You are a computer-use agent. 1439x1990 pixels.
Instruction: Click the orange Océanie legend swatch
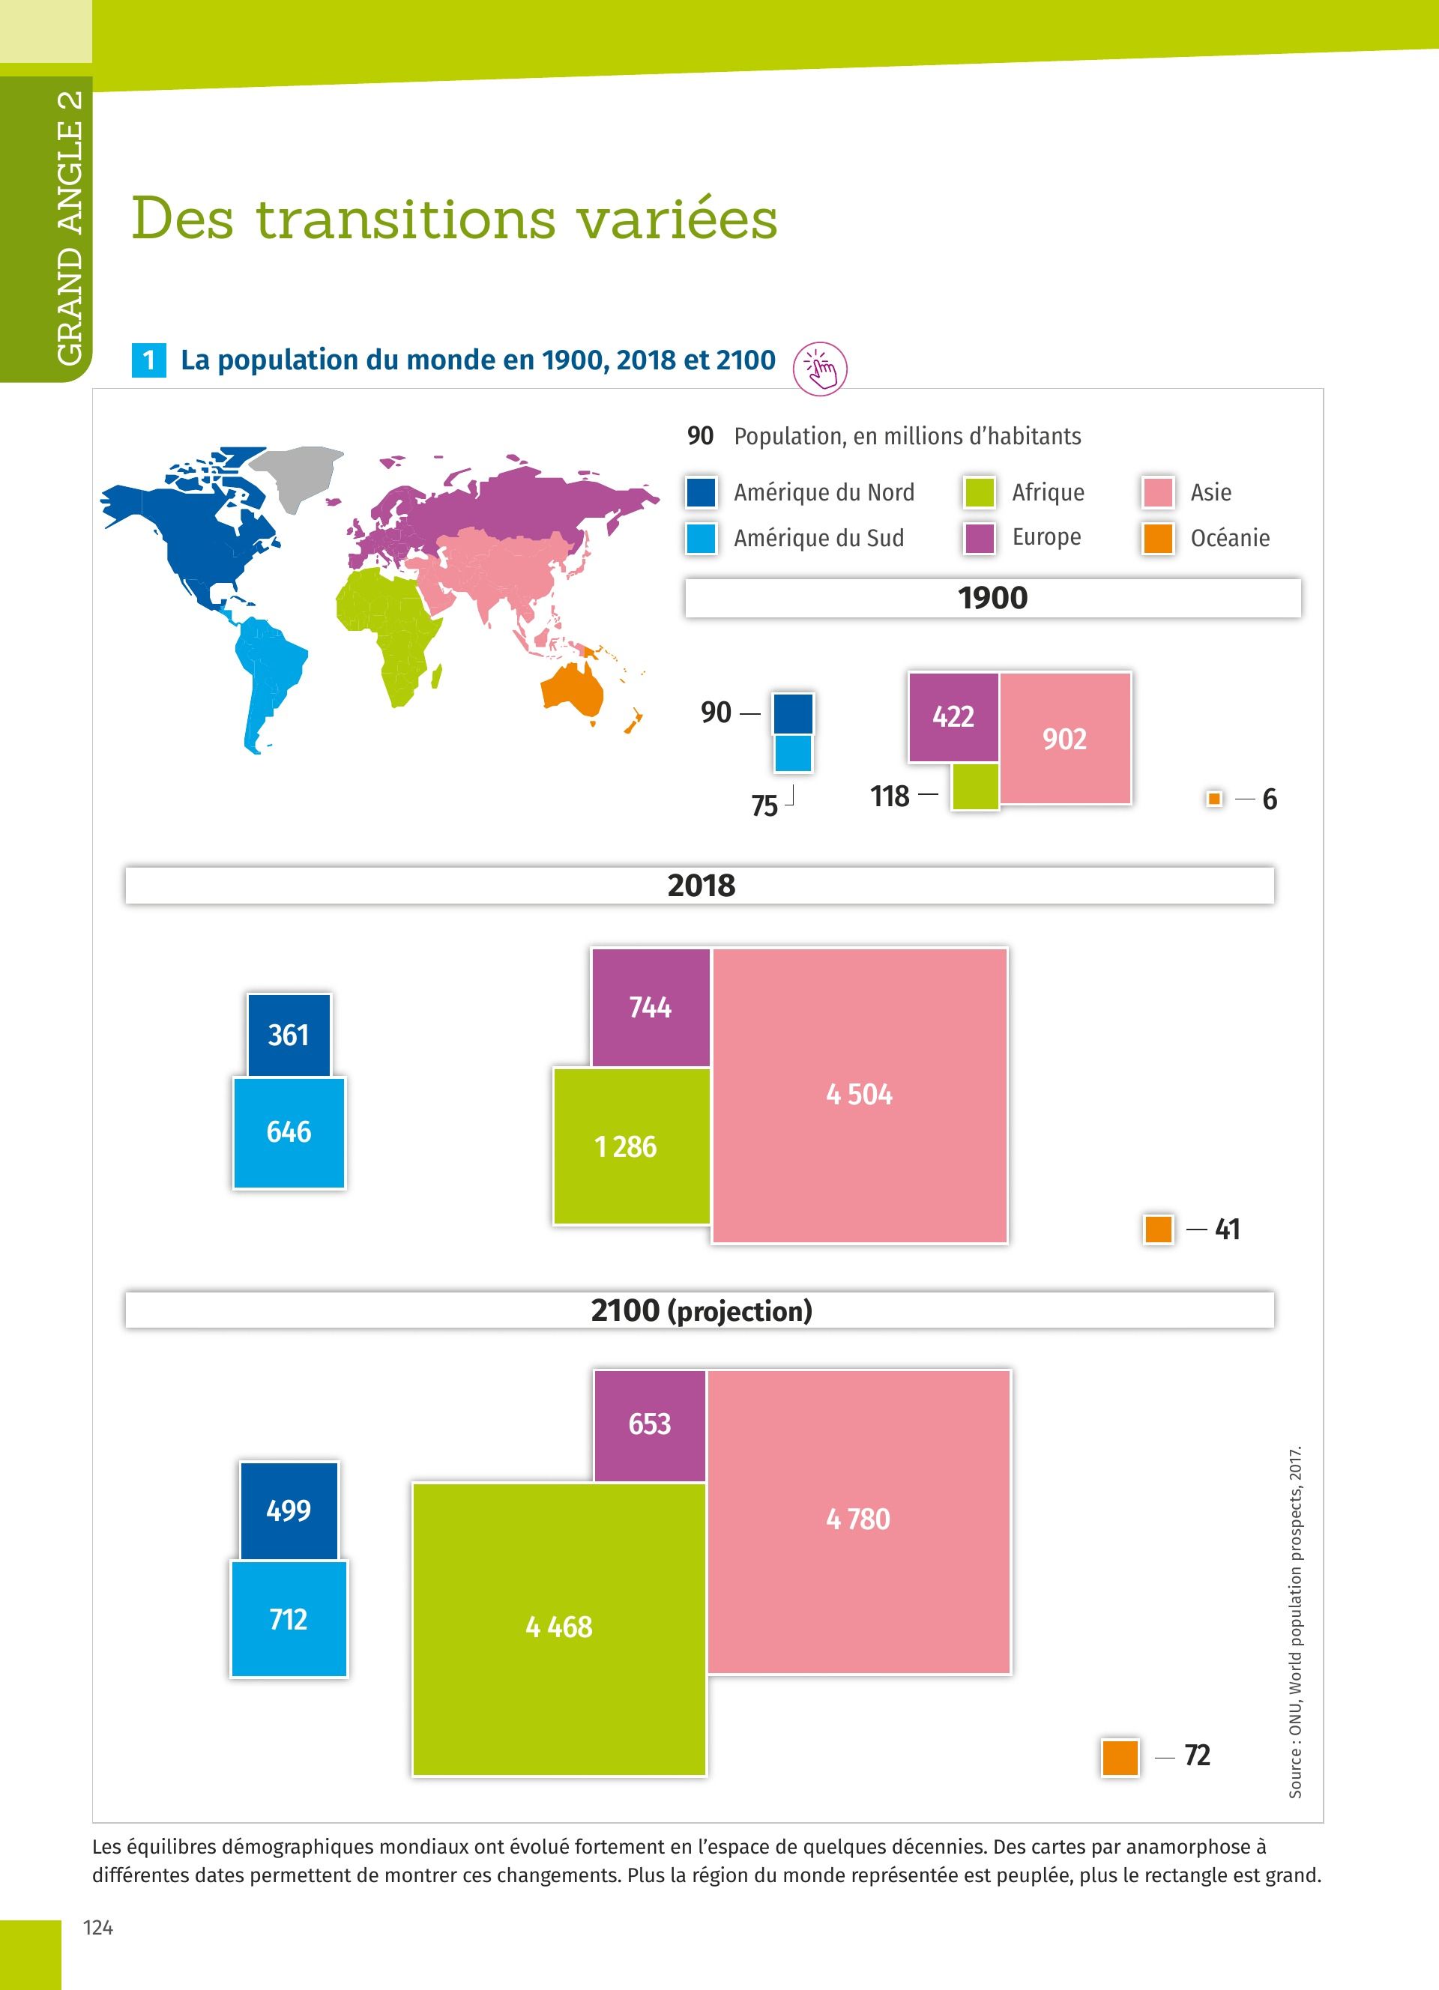1157,538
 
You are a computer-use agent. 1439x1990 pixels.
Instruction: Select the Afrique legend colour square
980,492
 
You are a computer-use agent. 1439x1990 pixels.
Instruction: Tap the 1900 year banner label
992,599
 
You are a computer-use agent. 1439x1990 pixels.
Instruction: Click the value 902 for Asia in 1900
1064,739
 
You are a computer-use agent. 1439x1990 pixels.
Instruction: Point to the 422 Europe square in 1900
953,717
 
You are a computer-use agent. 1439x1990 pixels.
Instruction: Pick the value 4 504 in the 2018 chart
859,1094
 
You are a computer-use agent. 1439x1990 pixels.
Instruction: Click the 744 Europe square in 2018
651,1007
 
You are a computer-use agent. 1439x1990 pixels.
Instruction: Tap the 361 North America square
289,1035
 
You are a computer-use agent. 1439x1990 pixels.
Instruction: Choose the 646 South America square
289,1132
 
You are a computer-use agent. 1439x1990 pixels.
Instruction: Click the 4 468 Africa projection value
559,1627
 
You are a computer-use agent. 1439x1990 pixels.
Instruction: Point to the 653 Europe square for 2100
649,1423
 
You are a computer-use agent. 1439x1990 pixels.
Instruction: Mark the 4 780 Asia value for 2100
858,1519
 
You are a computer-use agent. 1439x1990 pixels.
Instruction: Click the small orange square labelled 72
1120,1756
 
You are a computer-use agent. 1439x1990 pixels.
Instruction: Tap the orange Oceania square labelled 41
1158,1230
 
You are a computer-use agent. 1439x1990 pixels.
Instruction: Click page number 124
98,1927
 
